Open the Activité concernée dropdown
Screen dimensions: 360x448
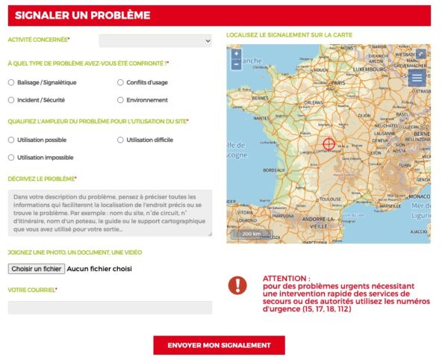155,41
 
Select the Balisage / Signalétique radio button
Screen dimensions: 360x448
11,82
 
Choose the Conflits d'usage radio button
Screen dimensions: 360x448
121,82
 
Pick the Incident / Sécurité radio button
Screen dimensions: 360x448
11,99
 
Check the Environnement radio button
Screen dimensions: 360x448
121,99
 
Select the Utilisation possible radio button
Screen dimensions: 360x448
11,140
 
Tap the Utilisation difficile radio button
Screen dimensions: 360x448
121,140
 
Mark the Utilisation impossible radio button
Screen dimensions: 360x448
11,158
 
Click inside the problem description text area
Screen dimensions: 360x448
110,213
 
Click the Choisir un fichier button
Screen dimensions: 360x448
37,268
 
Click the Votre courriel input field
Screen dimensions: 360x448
110,307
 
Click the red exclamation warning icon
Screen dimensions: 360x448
237,285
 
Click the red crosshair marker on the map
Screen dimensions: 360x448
329,143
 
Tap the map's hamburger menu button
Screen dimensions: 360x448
417,77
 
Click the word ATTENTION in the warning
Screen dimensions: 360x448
286,278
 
